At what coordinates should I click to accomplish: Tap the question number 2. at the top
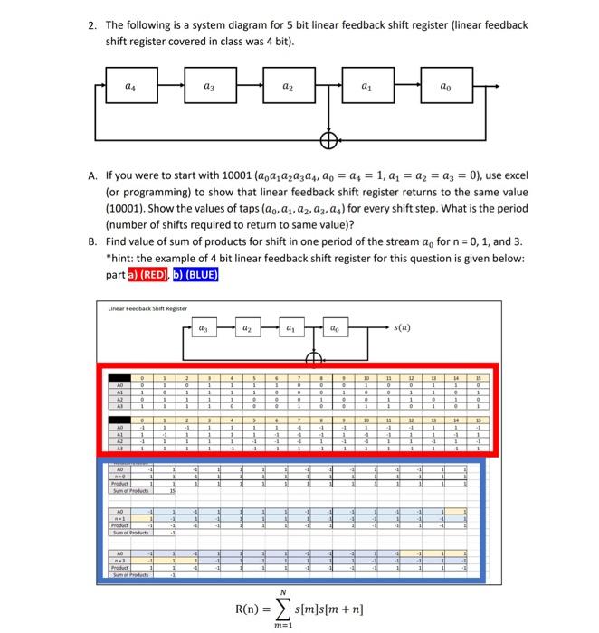click(x=94, y=26)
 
